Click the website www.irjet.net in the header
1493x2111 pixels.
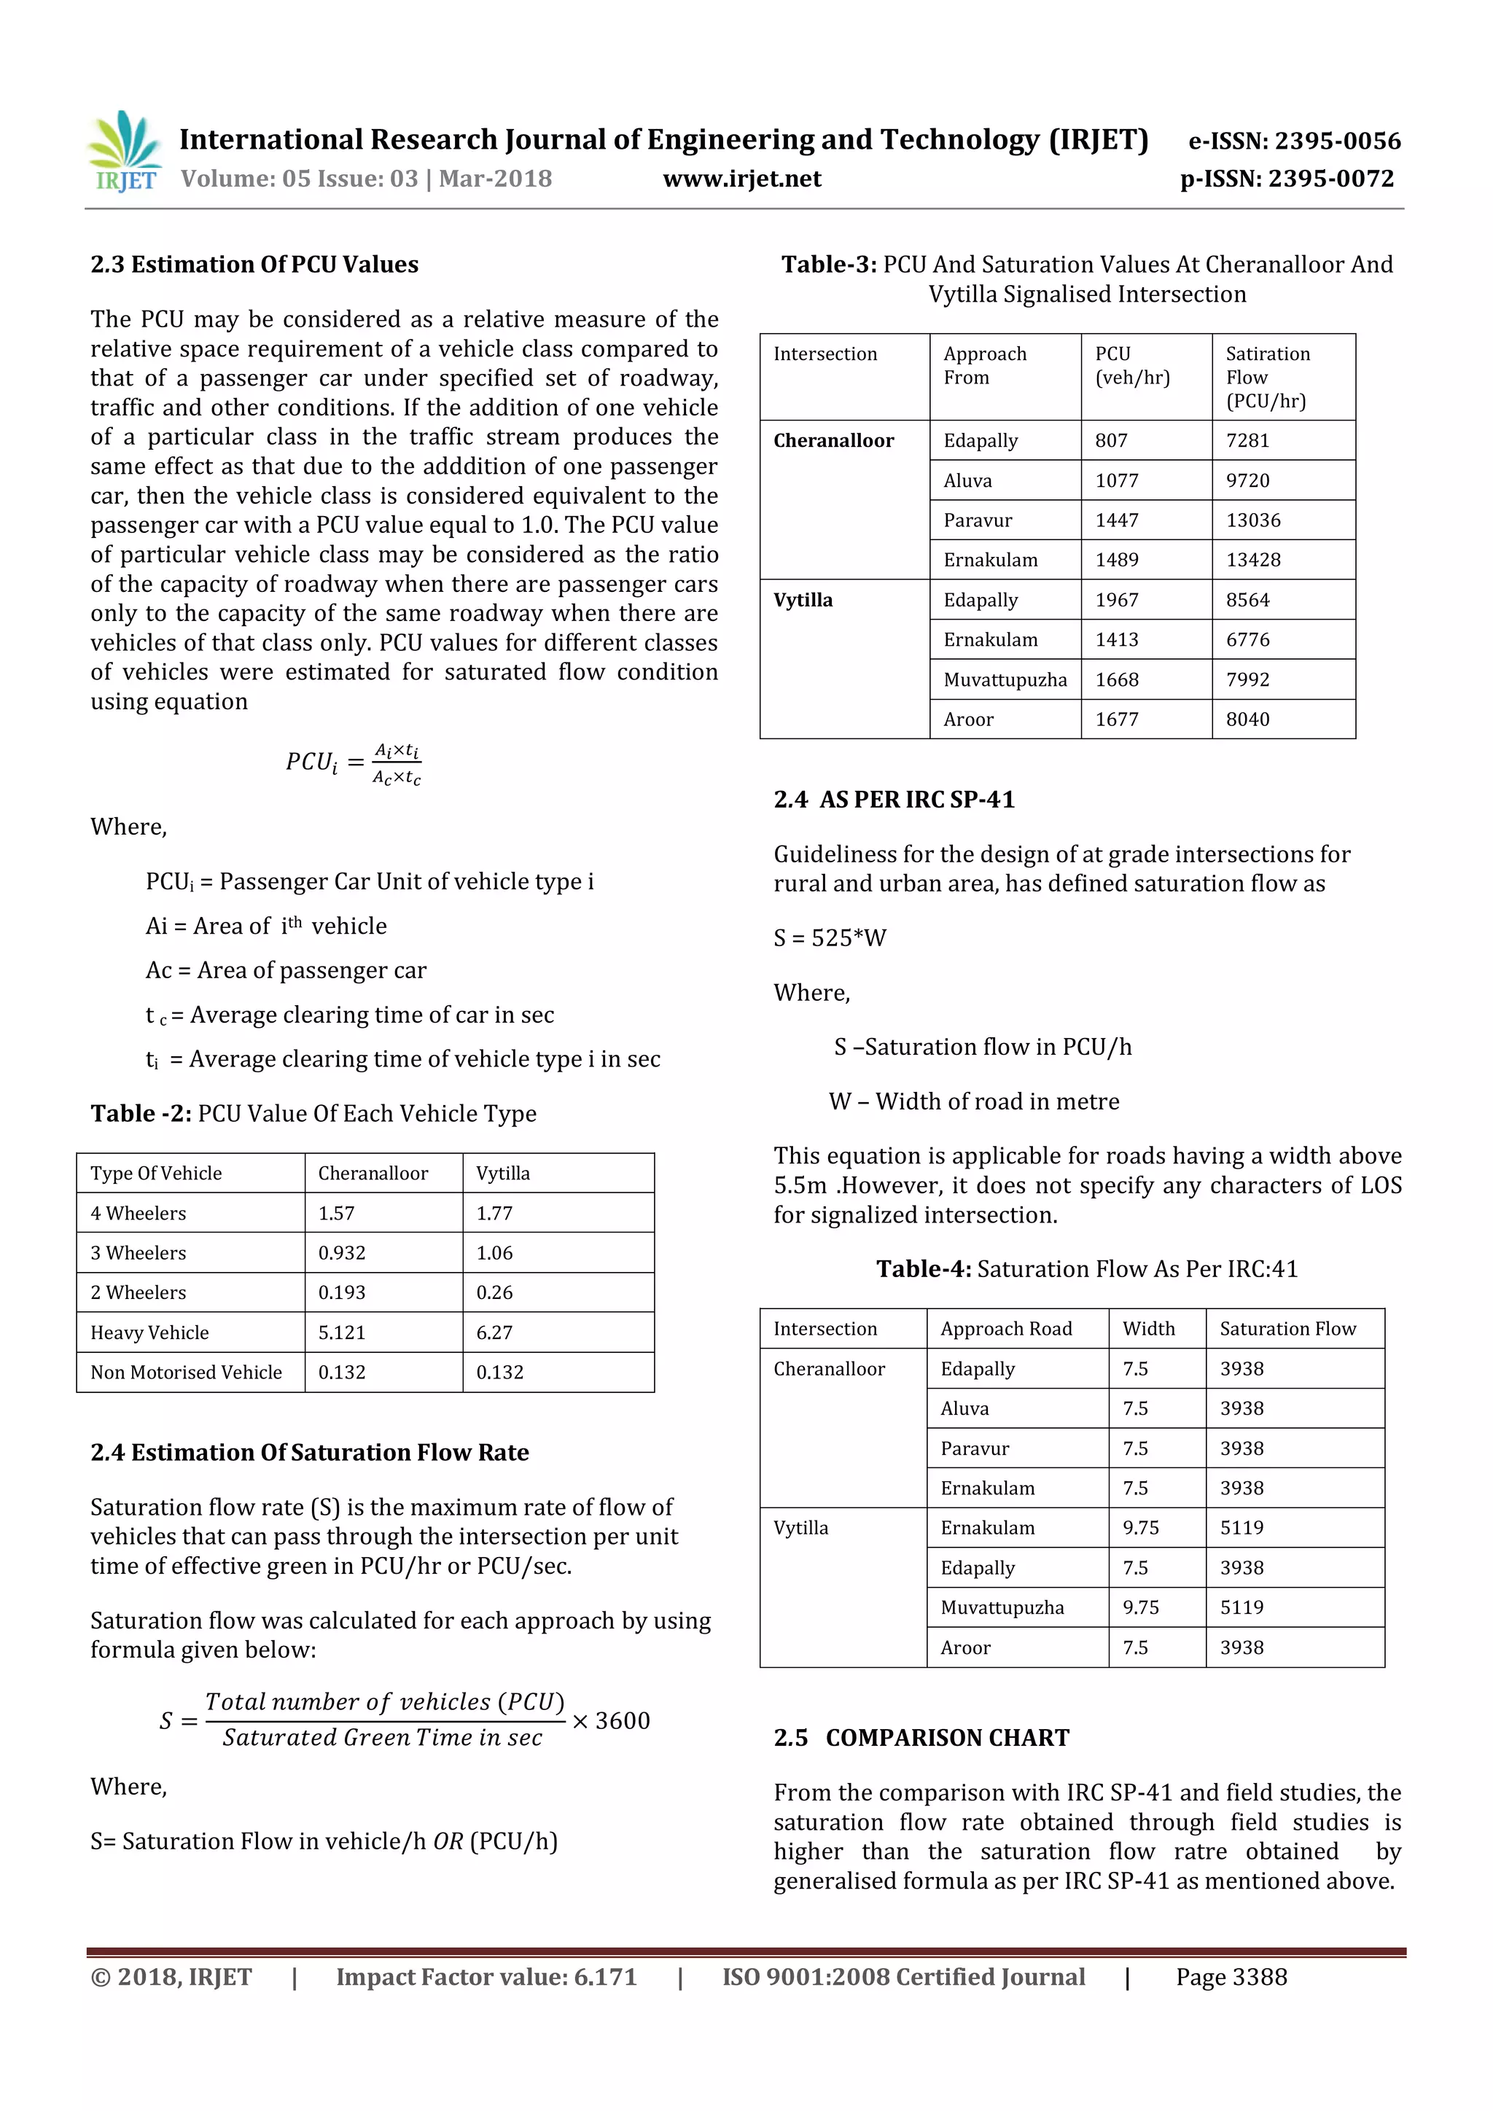point(742,179)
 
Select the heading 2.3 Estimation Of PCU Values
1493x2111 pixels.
point(254,265)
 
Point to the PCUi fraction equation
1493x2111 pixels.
point(353,764)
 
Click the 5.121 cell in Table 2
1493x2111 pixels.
point(342,1332)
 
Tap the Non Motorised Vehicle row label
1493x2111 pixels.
point(186,1372)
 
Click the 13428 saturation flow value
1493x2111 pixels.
point(1252,560)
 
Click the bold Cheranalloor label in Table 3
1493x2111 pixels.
point(833,440)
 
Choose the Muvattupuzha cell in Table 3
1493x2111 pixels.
point(1005,679)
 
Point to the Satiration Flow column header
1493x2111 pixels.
point(1267,377)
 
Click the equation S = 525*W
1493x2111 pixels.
point(829,938)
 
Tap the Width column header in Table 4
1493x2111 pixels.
point(1148,1329)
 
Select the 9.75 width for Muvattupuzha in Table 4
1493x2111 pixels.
point(1140,1607)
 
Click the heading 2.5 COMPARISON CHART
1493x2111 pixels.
point(921,1738)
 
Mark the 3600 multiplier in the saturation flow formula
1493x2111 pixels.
point(623,1720)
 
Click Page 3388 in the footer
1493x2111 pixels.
point(1231,1977)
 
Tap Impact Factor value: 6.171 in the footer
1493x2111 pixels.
point(486,1977)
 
